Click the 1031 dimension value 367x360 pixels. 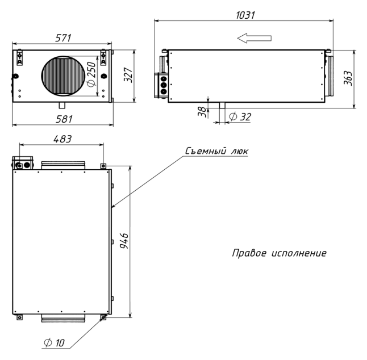tap(245, 15)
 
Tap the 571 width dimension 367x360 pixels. tap(63, 38)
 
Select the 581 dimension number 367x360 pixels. tap(64, 119)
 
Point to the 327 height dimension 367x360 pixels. tap(128, 75)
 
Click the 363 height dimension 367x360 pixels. tap(348, 78)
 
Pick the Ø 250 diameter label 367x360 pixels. tap(91, 74)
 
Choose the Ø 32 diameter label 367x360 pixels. tap(240, 116)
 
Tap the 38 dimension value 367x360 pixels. tap(203, 112)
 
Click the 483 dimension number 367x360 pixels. tap(62, 139)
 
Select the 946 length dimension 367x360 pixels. tap(124, 241)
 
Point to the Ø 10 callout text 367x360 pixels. tap(54, 343)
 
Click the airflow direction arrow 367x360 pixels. tap(254, 38)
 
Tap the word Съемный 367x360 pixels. tap(206, 151)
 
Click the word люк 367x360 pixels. tap(239, 152)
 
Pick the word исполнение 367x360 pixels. tap(299, 253)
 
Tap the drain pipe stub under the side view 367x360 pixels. tap(222, 105)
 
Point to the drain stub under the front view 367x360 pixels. tap(62, 105)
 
